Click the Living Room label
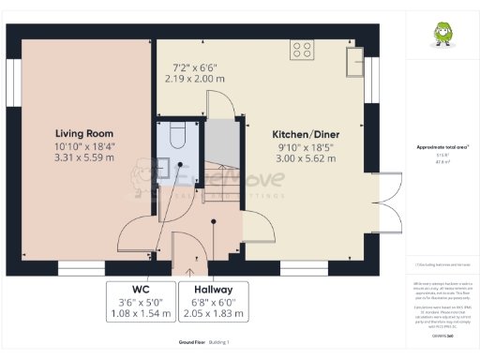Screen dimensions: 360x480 (84, 133)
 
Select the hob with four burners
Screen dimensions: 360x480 (303, 50)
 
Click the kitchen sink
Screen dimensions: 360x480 (356, 62)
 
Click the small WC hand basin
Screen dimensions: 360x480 (162, 168)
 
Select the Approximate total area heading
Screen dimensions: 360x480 (442, 147)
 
